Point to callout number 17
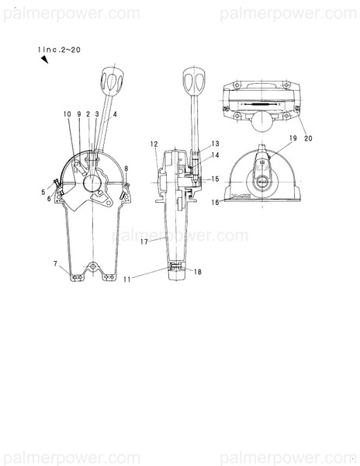(144, 242)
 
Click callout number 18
(198, 273)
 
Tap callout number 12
(154, 144)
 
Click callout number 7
(56, 264)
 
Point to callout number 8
(126, 168)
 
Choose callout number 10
(69, 114)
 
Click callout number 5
(43, 191)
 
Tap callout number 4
(115, 114)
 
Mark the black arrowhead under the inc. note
(45, 64)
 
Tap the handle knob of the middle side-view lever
(192, 78)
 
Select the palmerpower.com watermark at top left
(71, 13)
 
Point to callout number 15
(215, 179)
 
